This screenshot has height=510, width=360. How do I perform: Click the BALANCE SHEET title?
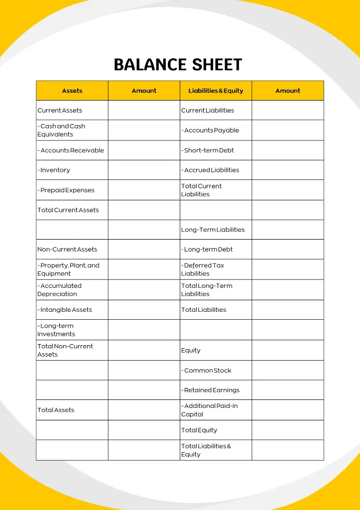coord(178,65)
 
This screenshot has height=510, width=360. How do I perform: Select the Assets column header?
coord(72,91)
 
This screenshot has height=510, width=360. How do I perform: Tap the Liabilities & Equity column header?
coord(216,91)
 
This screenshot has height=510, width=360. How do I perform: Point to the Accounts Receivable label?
coord(71,150)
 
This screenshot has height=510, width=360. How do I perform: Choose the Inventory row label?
coord(54,170)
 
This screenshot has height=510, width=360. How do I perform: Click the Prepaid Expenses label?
coord(66,190)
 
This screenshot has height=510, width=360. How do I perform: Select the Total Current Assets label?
coord(68,210)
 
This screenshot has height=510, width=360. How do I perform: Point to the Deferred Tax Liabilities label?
coord(203,269)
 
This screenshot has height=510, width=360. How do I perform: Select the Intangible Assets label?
coord(65,310)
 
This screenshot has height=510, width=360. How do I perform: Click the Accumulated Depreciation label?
coord(59,290)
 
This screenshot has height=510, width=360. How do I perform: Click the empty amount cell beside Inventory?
coord(144,170)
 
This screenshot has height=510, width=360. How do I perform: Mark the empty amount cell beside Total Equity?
coord(288,430)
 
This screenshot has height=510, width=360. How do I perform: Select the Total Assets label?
coord(56,410)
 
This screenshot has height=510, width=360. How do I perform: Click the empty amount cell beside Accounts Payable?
coord(288,130)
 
